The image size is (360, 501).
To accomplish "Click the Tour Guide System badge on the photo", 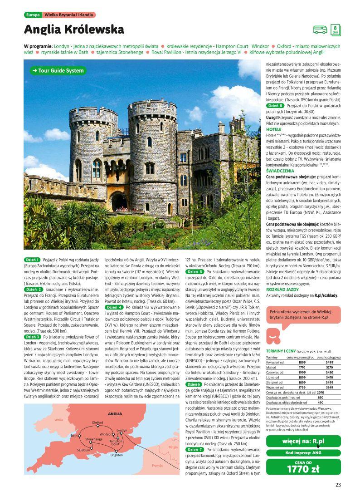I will pos(58,71).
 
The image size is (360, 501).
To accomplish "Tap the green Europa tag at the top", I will pos(33,15).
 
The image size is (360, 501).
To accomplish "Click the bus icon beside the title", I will pos(320,30).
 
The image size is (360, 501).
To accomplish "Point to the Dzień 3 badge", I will pos(33,337).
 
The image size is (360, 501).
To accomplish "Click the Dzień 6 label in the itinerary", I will pos(194,384).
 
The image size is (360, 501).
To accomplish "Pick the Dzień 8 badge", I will pos(275,106).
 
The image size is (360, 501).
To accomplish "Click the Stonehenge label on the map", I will pos(94,439).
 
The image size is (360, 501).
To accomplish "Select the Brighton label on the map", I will pos(117,454).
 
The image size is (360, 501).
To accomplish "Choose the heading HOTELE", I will pos(273,129).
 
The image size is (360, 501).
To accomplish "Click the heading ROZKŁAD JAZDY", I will pos(282,289).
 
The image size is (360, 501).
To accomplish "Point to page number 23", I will pos(338,485).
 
